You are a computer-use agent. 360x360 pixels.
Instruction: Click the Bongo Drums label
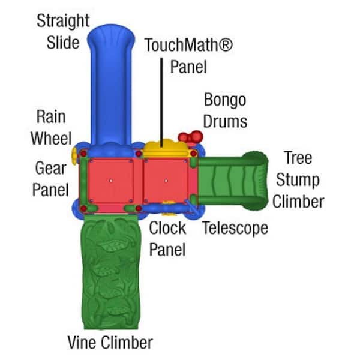click(225, 110)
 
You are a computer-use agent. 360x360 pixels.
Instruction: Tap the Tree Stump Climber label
click(298, 179)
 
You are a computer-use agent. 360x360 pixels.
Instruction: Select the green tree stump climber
click(234, 180)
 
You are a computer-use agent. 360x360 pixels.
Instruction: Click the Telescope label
click(235, 228)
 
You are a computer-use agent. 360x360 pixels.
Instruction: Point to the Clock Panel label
click(167, 238)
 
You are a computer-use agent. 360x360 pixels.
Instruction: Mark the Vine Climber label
click(110, 343)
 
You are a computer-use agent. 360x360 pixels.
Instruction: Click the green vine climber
click(112, 270)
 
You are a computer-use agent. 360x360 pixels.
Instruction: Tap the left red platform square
click(111, 180)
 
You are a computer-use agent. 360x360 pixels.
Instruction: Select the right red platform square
click(166, 180)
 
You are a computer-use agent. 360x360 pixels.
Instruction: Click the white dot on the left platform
click(111, 180)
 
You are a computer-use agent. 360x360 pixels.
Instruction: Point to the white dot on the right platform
click(166, 179)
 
